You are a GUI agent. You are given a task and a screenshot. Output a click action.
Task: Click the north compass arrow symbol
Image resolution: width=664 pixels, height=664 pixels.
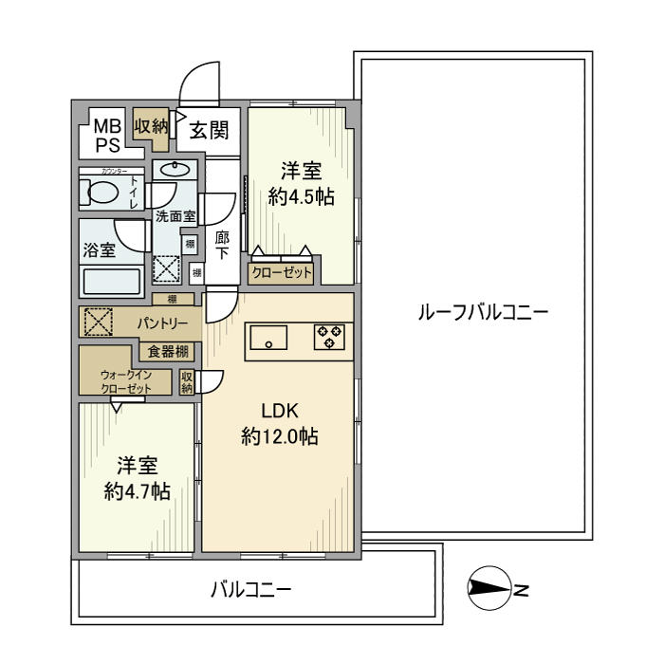(490, 590)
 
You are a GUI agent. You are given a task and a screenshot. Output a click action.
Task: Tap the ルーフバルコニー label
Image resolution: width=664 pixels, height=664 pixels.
(483, 312)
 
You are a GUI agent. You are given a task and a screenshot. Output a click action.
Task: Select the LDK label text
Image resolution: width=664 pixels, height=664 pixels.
(280, 411)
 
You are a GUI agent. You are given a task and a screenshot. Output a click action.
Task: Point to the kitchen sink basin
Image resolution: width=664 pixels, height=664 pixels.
(267, 337)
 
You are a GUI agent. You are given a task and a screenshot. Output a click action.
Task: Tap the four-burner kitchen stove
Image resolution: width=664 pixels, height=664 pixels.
(332, 336)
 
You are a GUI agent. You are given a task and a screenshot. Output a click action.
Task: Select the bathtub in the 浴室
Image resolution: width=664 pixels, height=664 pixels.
(112, 281)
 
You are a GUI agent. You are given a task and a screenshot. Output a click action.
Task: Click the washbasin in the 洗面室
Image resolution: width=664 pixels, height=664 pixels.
(174, 172)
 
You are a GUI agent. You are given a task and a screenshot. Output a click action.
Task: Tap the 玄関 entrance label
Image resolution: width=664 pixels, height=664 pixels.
(208, 130)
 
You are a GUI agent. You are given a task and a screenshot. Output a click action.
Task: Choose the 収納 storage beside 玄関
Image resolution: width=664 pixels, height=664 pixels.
(150, 124)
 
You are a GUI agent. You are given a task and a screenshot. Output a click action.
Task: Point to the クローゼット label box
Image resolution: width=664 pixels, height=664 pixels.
(281, 272)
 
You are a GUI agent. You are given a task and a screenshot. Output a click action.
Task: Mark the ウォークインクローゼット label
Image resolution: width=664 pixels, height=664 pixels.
(126, 381)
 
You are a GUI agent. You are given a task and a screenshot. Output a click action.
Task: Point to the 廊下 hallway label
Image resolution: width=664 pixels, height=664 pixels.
(222, 246)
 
